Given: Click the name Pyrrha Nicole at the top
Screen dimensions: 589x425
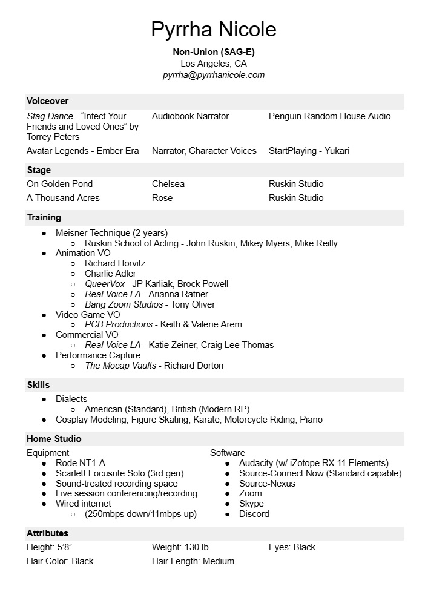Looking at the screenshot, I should [213, 29].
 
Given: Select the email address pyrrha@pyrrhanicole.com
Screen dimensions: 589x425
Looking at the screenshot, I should [213, 75].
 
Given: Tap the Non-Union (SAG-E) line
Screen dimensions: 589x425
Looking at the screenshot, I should [213, 52].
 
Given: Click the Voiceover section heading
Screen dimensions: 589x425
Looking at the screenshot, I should [48, 101].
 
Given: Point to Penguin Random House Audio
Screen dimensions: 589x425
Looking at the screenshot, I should [329, 116].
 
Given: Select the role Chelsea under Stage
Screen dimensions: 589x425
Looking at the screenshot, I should [168, 184].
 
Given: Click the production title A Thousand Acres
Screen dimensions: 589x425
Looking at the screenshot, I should [63, 198].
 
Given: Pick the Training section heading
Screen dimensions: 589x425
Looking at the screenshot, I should [44, 217].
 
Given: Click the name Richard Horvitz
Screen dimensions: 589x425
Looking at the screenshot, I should [115, 263].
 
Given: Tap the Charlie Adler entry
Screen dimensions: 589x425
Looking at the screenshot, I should [110, 274].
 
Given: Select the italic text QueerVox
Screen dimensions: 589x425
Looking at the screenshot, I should [105, 284].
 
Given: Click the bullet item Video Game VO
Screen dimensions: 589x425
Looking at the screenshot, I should [88, 315].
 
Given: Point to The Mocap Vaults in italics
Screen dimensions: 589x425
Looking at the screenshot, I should [120, 366].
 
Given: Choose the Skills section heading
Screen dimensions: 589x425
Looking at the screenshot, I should [38, 385].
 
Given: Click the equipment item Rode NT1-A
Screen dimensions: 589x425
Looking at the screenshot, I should [81, 463].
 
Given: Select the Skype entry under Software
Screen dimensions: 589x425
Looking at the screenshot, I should [251, 504].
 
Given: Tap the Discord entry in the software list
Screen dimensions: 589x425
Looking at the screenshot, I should [254, 514].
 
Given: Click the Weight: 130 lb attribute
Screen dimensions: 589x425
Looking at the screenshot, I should [180, 547].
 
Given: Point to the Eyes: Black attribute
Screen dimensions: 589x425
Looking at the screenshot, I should [292, 547].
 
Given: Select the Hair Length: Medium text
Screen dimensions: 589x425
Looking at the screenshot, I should [193, 561].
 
